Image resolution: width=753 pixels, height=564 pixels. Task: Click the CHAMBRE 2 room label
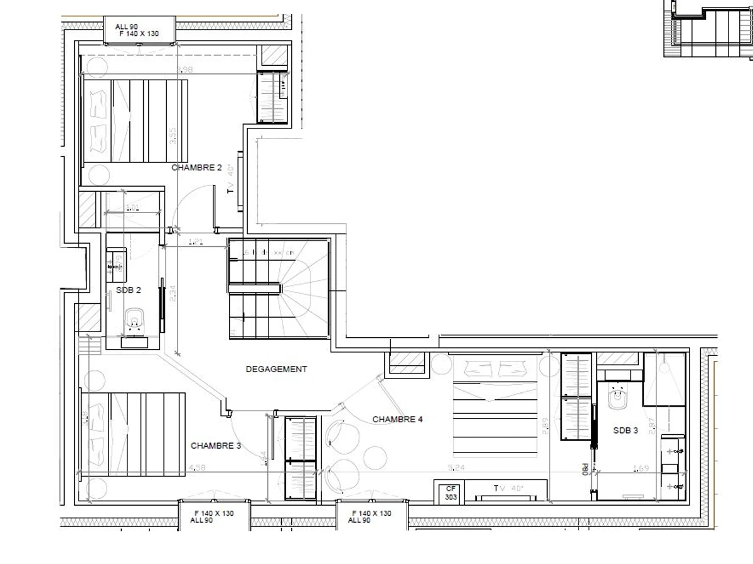[196, 167]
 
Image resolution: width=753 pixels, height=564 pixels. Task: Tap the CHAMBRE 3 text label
[216, 446]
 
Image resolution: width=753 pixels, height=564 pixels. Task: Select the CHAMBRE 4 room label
[397, 419]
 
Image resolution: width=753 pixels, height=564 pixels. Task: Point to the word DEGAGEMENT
[276, 369]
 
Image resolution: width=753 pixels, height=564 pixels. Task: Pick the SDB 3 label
[626, 431]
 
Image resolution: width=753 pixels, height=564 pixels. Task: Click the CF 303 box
[451, 493]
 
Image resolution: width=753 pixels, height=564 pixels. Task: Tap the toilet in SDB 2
[133, 321]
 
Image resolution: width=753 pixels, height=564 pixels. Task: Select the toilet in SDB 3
[618, 398]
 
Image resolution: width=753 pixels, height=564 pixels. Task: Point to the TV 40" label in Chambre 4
[508, 488]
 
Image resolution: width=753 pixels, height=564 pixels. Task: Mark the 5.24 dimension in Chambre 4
[456, 467]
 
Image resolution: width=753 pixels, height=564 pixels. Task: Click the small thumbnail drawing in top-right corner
[708, 29]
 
